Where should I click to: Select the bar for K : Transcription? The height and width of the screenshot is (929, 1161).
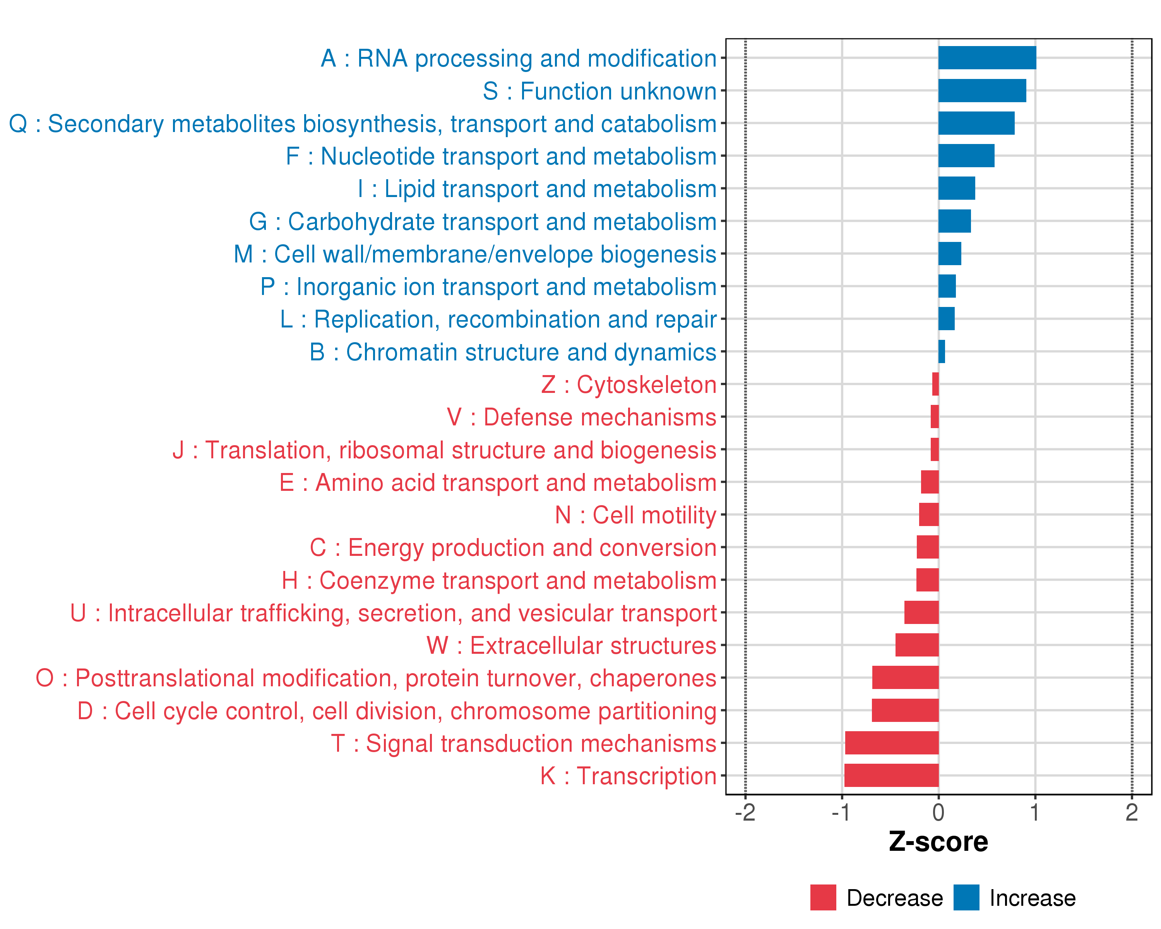pyautogui.click(x=891, y=775)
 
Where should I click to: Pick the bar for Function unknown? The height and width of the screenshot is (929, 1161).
pyautogui.click(x=982, y=91)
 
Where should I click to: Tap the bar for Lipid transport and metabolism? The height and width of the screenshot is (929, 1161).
pyautogui.click(x=956, y=188)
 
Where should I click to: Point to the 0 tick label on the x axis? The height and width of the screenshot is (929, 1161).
pyautogui.click(x=938, y=812)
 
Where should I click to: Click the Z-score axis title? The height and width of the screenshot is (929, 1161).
pyautogui.click(x=938, y=842)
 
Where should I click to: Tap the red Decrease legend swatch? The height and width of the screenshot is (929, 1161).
pyautogui.click(x=823, y=897)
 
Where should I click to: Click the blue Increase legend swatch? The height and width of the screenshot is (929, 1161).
pyautogui.click(x=966, y=897)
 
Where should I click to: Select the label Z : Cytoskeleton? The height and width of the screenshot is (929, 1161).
pyautogui.click(x=628, y=384)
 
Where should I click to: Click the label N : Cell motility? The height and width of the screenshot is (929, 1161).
pyautogui.click(x=635, y=515)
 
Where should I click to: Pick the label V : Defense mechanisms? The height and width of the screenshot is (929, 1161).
pyautogui.click(x=582, y=417)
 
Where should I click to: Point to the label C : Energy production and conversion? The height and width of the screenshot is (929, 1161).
pyautogui.click(x=513, y=548)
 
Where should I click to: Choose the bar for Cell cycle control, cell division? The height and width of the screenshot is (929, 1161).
pyautogui.click(x=905, y=710)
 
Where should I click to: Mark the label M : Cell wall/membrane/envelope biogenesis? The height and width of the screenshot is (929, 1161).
pyautogui.click(x=474, y=254)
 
